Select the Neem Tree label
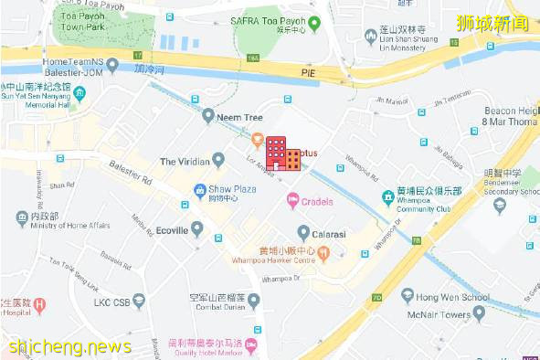point(239,117)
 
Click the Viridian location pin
point(217,161)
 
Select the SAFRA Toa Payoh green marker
point(313,24)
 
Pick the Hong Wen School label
point(451,297)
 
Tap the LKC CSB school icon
point(137,301)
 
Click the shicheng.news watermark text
point(69,346)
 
